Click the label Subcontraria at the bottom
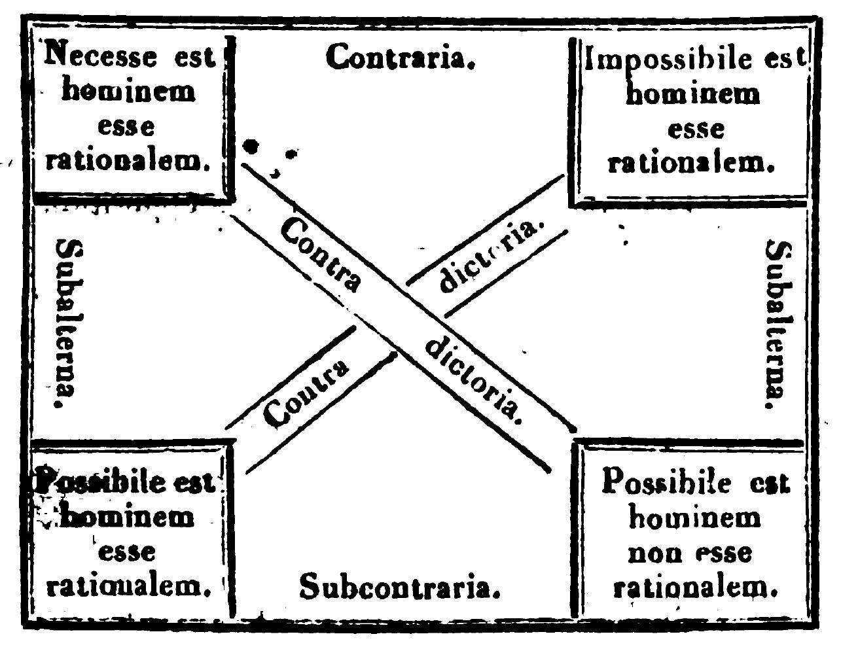[400, 587]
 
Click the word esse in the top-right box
[695, 128]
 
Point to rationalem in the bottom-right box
[694, 588]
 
